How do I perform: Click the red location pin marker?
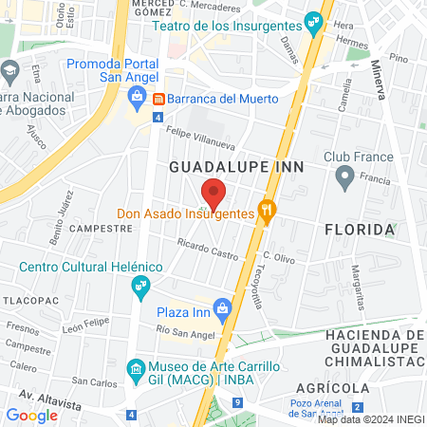click(x=213, y=193)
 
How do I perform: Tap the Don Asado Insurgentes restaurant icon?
click(x=269, y=213)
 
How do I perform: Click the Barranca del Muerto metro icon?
click(x=159, y=99)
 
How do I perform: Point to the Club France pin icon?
click(x=345, y=176)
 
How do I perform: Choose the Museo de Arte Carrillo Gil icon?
click(x=137, y=367)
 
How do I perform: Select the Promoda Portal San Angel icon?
click(x=137, y=95)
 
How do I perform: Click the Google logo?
click(x=32, y=415)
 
